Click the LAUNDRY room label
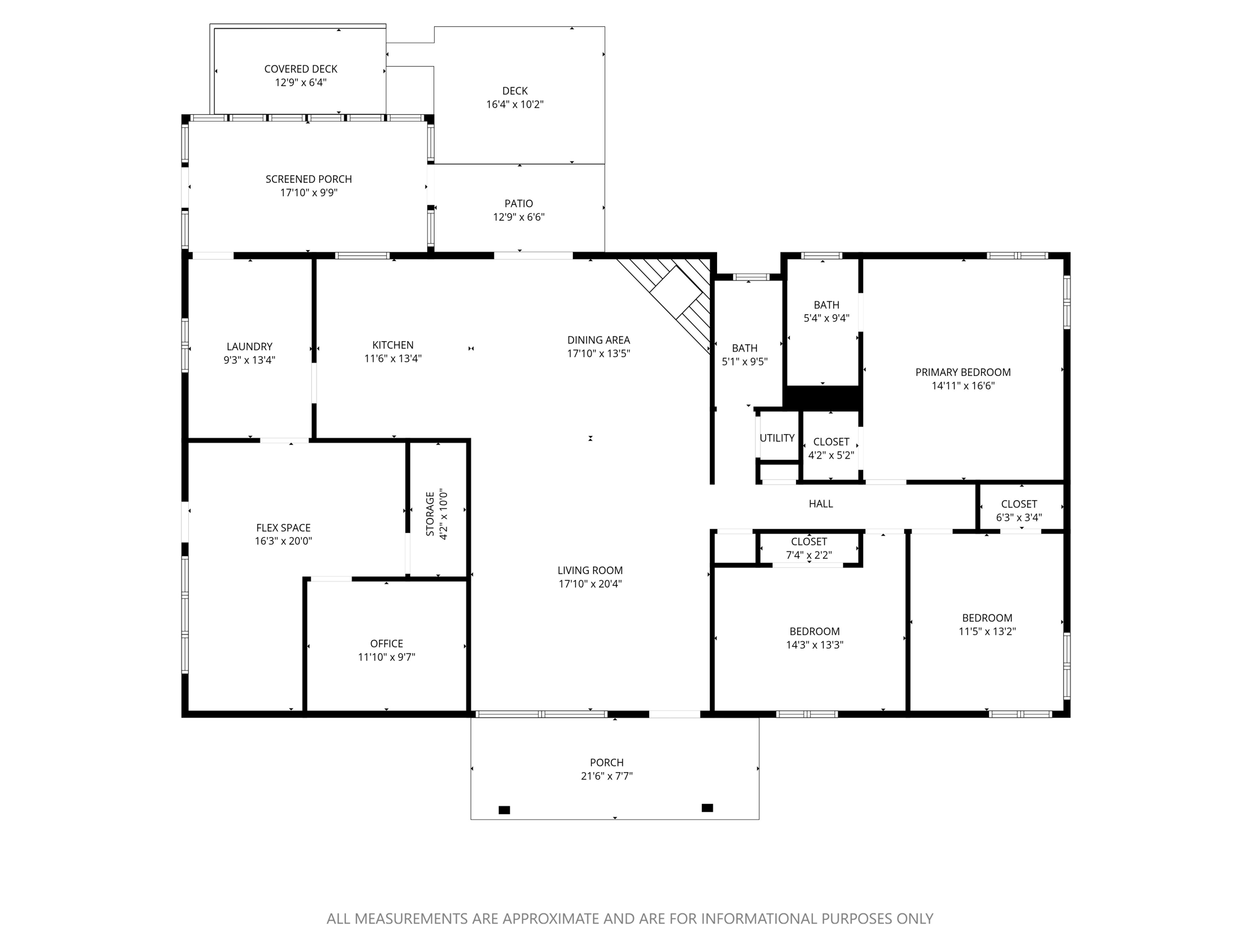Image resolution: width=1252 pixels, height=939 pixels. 249,347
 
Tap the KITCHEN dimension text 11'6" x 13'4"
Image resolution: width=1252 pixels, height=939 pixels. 393,359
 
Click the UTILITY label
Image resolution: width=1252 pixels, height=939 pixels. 777,438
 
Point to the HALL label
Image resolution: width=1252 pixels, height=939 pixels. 820,504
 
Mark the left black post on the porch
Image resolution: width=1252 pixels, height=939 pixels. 504,810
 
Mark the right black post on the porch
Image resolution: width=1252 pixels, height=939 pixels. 707,808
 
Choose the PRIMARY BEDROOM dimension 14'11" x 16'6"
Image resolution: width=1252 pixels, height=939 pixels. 963,386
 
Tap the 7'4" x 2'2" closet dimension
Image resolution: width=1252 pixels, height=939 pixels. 809,555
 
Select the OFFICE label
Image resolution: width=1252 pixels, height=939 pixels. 386,643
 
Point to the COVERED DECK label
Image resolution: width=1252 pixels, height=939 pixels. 301,69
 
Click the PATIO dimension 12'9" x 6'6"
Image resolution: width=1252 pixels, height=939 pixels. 518,217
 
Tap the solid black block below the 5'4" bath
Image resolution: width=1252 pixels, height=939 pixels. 823,398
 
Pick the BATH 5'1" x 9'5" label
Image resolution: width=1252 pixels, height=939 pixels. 745,348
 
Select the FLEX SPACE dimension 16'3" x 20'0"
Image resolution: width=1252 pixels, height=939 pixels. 283,541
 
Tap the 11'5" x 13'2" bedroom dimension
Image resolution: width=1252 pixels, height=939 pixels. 987,632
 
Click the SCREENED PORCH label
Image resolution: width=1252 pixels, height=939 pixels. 309,179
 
